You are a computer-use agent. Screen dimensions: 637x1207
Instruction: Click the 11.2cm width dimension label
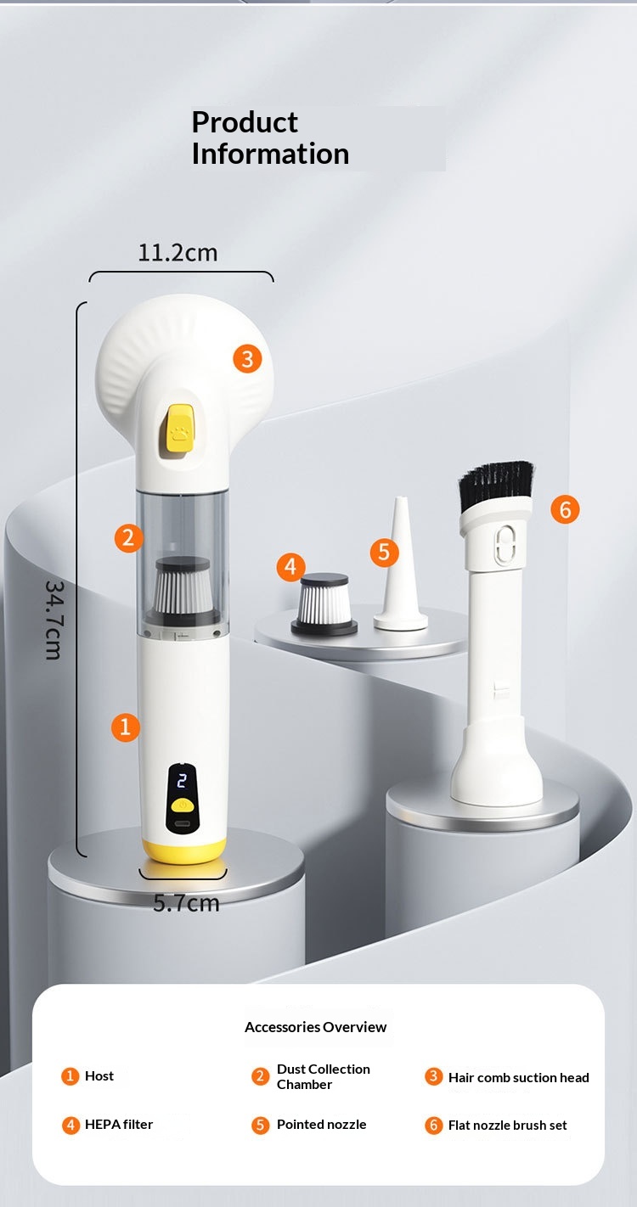178,253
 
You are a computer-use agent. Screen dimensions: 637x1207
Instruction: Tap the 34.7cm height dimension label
53,620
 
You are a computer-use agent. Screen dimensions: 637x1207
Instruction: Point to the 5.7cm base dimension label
186,903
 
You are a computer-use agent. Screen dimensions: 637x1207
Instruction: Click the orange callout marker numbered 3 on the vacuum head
247,359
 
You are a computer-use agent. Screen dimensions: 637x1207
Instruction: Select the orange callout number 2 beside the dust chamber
128,538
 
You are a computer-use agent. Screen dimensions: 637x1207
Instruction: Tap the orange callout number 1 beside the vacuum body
125,727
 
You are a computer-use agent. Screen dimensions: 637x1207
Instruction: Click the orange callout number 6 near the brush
565,509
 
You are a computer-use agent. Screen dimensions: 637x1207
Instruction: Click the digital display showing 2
182,781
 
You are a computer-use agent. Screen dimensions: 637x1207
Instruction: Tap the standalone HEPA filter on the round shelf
324,604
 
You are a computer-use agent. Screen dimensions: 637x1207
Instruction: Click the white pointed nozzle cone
400,564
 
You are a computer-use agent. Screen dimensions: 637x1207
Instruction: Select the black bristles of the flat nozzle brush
495,486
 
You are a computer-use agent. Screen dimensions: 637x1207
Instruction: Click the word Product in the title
245,122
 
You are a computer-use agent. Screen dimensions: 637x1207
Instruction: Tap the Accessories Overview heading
316,1027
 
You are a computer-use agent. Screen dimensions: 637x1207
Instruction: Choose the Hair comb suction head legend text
518,1078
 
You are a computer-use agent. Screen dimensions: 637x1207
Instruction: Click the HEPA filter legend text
119,1125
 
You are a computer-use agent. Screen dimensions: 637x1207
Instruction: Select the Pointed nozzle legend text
321,1125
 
